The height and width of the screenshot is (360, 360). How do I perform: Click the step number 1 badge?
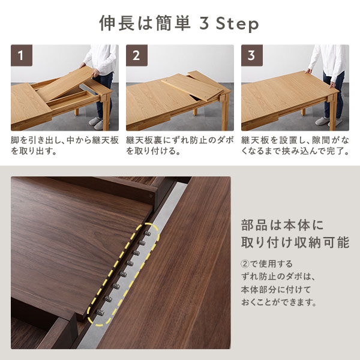point(22,55)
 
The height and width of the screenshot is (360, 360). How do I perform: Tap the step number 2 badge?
point(137,55)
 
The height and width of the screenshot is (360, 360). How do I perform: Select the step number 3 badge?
point(252,55)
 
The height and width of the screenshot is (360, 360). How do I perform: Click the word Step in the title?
point(238,24)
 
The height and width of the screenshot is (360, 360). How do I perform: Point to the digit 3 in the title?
point(204,23)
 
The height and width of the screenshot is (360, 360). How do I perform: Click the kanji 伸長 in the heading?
point(117,23)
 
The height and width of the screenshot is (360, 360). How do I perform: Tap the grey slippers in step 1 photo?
point(97,123)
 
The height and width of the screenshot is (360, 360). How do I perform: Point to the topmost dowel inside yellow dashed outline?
point(148,233)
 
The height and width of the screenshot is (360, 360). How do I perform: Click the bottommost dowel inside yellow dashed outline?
point(100,312)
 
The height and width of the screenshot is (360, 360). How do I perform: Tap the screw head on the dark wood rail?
point(151,196)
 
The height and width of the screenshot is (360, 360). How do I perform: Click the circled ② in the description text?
point(245,264)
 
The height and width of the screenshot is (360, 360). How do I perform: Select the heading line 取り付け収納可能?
point(295,242)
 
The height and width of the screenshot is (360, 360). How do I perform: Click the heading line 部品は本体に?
point(282,225)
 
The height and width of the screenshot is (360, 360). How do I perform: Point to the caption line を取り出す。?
point(34,151)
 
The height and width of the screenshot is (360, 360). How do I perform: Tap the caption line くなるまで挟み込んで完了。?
point(295,151)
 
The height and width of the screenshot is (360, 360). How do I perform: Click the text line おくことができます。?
point(279,302)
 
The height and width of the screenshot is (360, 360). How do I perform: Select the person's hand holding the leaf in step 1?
point(95,73)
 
